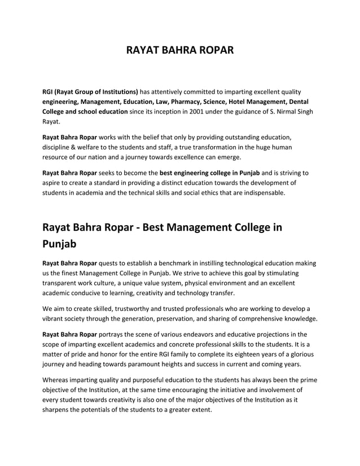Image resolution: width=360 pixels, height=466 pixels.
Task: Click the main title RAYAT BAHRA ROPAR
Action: [179, 51]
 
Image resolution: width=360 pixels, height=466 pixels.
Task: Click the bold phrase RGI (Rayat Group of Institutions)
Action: [90, 91]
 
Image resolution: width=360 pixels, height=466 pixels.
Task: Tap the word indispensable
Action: [266, 192]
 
